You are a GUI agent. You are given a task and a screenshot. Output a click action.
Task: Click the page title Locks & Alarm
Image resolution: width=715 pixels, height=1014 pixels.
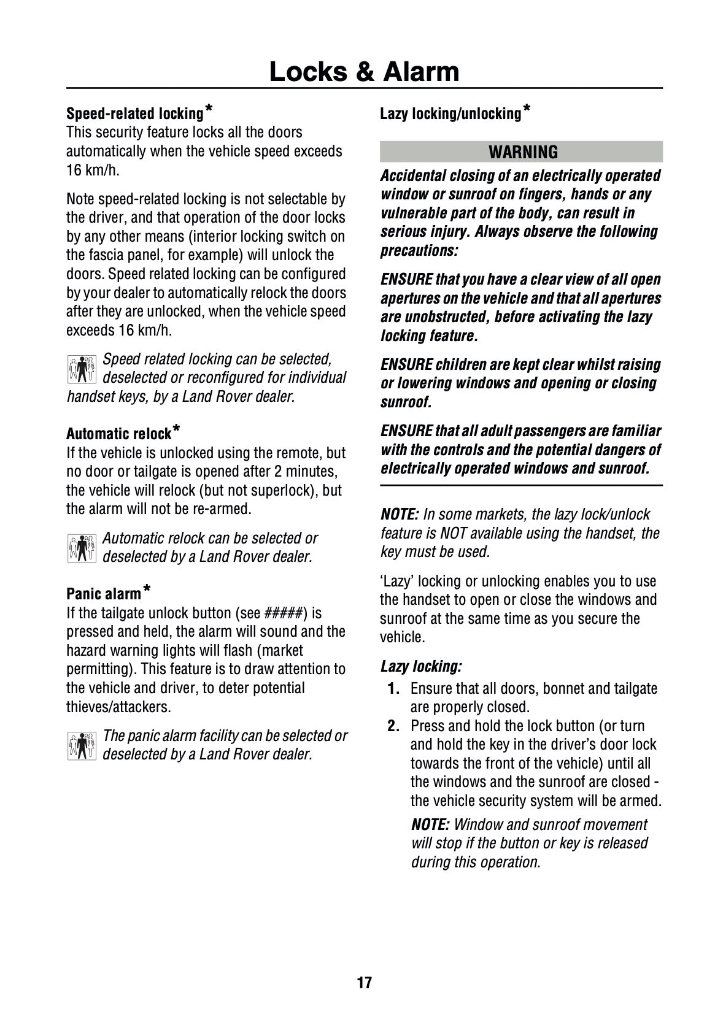[x=364, y=72]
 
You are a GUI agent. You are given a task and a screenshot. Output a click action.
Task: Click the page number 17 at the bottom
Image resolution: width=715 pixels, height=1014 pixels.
[x=364, y=983]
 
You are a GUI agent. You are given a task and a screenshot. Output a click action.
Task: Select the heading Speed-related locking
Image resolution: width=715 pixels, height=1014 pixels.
[x=134, y=113]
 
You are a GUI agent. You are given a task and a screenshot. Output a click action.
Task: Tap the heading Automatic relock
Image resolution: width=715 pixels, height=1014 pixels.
[x=118, y=434]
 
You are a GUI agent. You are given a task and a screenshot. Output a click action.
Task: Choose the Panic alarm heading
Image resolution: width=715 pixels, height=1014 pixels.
[x=104, y=594]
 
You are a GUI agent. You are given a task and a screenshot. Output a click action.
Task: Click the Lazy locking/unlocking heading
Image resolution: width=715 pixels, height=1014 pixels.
[x=450, y=113]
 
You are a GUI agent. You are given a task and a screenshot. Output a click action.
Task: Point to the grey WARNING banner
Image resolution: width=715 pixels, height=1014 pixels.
[x=521, y=152]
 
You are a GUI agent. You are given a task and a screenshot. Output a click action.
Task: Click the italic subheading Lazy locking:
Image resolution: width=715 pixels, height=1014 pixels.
[x=421, y=666]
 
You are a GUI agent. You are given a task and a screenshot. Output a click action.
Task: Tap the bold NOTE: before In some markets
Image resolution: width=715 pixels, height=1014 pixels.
[x=400, y=514]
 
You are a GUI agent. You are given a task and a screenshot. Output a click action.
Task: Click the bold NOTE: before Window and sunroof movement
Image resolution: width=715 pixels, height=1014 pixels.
[x=430, y=824]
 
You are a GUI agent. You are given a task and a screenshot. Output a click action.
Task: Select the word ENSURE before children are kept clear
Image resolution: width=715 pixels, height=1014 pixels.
[x=406, y=364]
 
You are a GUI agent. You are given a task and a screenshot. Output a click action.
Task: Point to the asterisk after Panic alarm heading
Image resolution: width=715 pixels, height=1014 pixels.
[x=147, y=590]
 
